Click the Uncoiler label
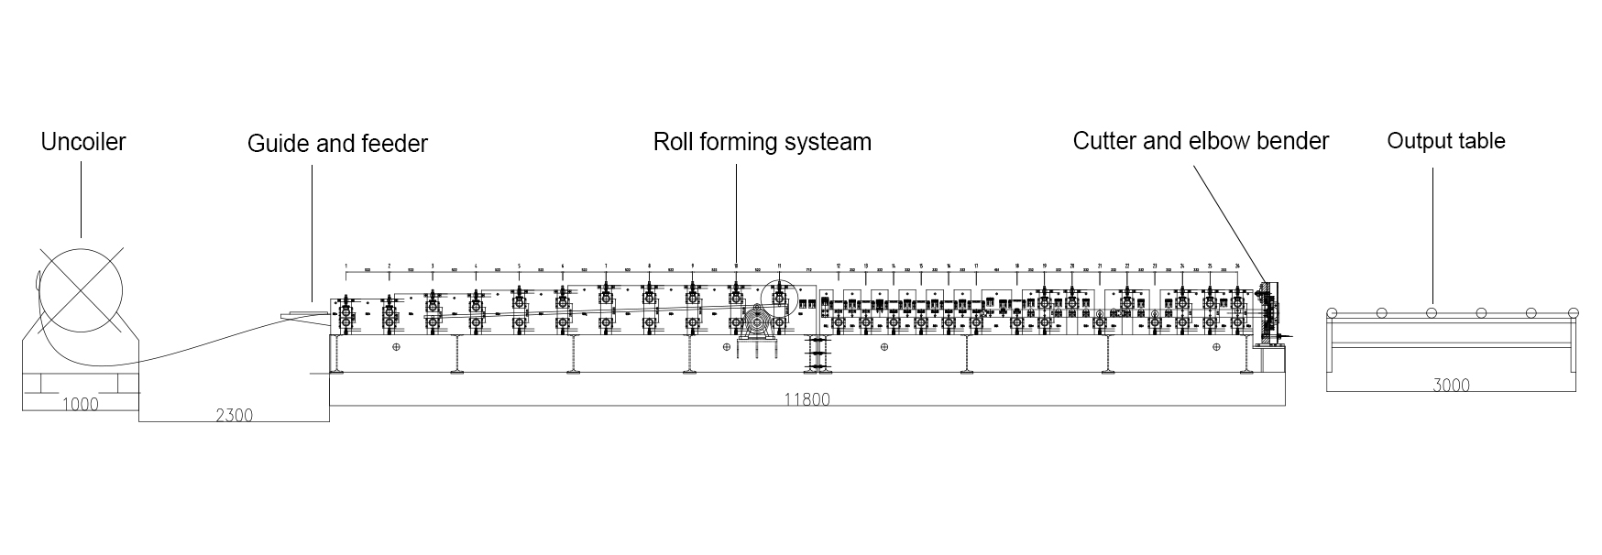click(x=82, y=142)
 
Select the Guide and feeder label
click(x=337, y=144)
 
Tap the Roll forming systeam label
click(x=762, y=142)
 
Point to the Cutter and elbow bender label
click(x=1201, y=141)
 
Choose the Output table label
click(x=1445, y=141)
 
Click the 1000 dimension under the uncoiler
click(x=80, y=404)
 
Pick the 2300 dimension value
click(x=234, y=415)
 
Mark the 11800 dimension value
click(x=807, y=399)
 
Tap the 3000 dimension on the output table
click(x=1451, y=385)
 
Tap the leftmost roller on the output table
click(x=1332, y=313)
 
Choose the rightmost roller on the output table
click(x=1573, y=313)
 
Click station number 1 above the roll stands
click(x=346, y=266)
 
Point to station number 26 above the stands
click(x=1237, y=266)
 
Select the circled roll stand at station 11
click(x=778, y=299)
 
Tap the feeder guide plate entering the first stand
click(x=308, y=316)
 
